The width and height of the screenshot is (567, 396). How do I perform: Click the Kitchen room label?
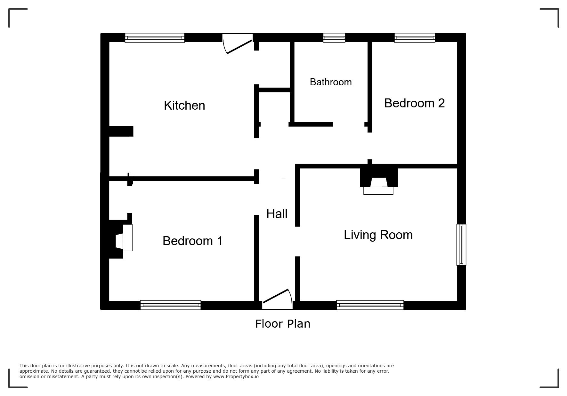coord(184,105)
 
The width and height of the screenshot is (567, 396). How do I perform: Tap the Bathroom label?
coord(331,82)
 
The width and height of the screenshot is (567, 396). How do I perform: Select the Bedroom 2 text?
coord(414,103)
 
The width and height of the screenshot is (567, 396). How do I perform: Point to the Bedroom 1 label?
coord(192,241)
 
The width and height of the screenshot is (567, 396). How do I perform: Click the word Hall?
coord(277,214)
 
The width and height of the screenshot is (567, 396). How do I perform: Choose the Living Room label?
coord(378,235)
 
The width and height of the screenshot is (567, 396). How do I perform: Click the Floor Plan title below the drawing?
coord(283,324)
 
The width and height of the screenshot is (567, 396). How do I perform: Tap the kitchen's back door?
coord(238,45)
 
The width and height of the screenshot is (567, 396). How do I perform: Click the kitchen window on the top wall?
coord(155,38)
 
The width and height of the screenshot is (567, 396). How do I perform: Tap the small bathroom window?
coord(334,38)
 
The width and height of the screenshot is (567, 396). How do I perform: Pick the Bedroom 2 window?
coord(415,38)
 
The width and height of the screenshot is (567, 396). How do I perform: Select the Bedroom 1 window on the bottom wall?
coord(170,305)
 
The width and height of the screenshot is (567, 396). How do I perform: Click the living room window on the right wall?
coord(461,245)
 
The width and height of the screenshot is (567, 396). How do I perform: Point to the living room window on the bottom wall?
coord(370,305)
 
